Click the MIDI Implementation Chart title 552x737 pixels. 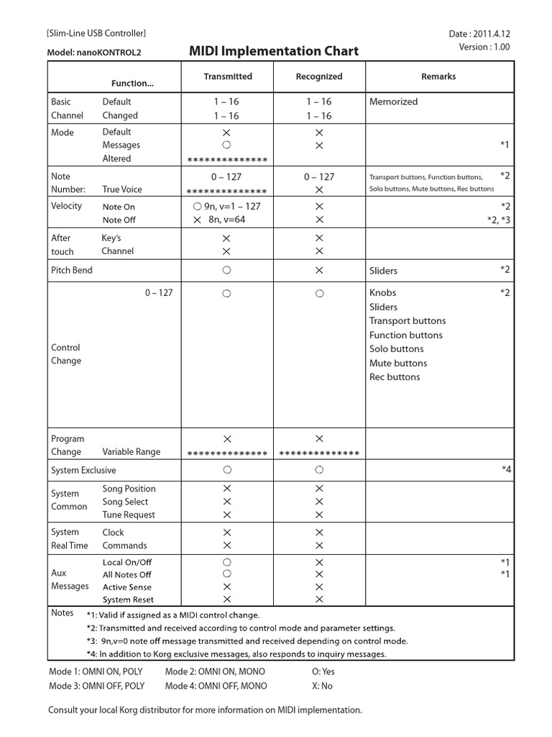pos(273,51)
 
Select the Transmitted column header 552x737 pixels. pos(227,76)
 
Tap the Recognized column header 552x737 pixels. pos(319,76)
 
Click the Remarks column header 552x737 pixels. pos(438,76)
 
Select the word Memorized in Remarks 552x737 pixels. pos(393,101)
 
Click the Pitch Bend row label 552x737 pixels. pos(72,270)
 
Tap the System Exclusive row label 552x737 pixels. pos(83,470)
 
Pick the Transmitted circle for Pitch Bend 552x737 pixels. pos(226,270)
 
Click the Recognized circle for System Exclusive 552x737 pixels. pos(319,470)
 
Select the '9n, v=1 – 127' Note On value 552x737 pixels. pos(226,206)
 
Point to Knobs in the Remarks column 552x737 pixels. pos(382,293)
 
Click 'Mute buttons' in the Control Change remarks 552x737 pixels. pos(398,363)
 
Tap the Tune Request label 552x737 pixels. pos(129,515)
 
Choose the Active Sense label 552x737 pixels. pos(127,587)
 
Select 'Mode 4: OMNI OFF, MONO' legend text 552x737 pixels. pos(216,686)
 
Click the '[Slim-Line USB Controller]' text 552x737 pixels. pos(96,33)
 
